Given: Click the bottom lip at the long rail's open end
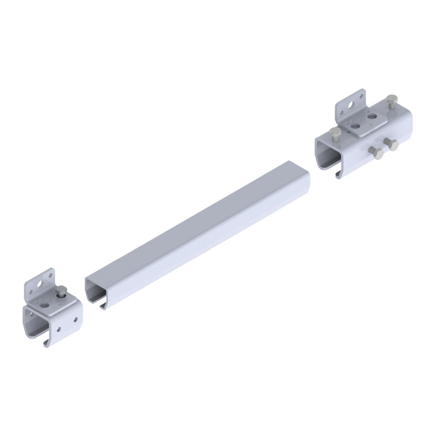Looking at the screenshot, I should [x=102, y=306].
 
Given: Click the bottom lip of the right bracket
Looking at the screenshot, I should [x=338, y=174].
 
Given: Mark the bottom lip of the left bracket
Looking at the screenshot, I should [x=46, y=343].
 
